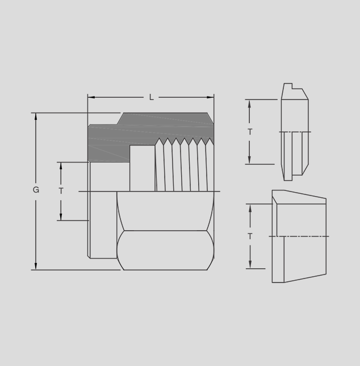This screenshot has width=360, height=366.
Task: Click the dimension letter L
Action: pos(151,97)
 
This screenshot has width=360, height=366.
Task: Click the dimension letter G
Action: pos(36,190)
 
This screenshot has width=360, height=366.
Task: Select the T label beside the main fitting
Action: pos(61,191)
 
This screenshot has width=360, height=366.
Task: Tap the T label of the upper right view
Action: pos(250,132)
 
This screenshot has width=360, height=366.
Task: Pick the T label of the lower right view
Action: pos(250,236)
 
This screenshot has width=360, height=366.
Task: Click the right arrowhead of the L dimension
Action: pos(210,97)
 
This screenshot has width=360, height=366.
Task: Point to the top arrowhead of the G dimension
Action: pos(36,117)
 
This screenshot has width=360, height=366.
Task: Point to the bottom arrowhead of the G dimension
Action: pos(36,266)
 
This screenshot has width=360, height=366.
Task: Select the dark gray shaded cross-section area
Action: pos(140,133)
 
